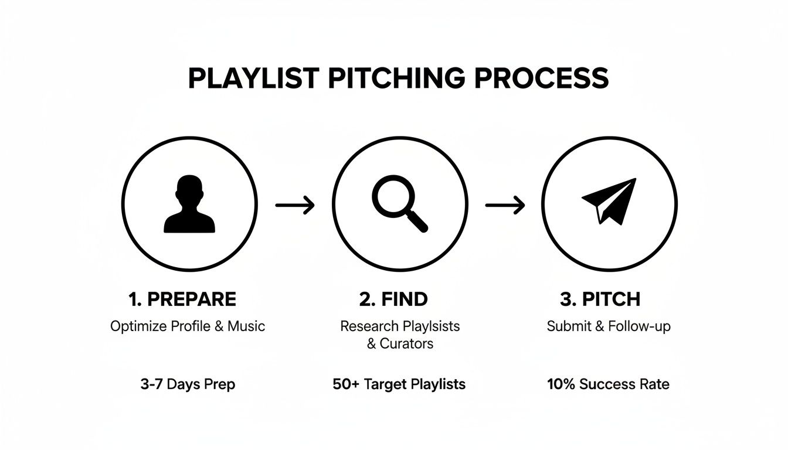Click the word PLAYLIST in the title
tap(253, 79)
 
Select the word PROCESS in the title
tap(542, 79)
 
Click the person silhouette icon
tap(189, 205)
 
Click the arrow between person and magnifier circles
tap(295, 205)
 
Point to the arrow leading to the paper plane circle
tap(505, 205)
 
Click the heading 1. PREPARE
tap(182, 299)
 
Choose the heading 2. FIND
tap(393, 299)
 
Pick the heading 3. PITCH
tap(600, 299)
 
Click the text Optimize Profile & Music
tap(188, 326)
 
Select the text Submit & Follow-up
tap(609, 326)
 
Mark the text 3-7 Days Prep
tap(188, 385)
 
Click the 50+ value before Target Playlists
tap(345, 385)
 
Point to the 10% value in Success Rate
tap(561, 385)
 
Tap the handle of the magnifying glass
tap(418, 221)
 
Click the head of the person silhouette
tap(189, 189)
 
